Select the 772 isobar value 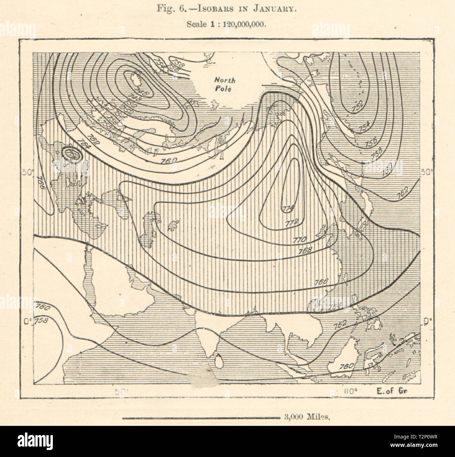(x=291, y=222)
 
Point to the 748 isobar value (x=134, y=99)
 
